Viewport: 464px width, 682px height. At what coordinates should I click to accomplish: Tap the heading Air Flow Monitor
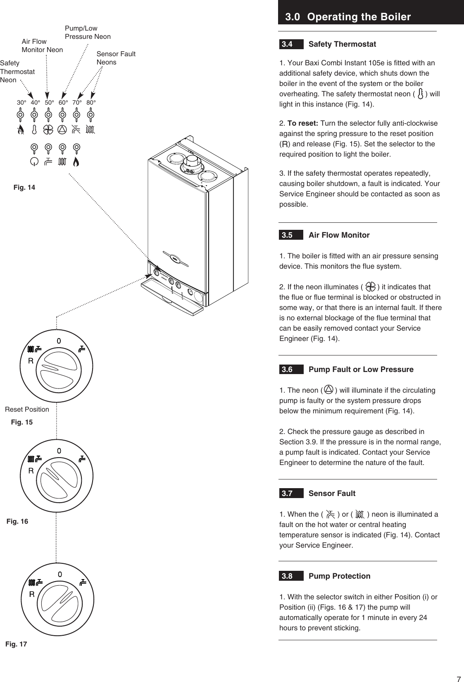(x=339, y=235)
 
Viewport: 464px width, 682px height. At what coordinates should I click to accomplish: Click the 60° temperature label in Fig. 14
(x=63, y=102)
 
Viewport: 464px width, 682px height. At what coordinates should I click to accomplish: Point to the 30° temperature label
(x=21, y=102)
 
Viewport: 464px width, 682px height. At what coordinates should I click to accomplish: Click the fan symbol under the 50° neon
(x=48, y=129)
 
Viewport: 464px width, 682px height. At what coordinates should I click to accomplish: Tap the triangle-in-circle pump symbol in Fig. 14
(x=62, y=129)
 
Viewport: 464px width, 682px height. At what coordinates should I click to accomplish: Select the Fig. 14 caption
(x=24, y=188)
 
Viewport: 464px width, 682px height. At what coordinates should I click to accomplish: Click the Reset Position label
(x=27, y=410)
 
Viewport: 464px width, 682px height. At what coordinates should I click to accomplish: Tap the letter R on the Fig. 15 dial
(x=31, y=361)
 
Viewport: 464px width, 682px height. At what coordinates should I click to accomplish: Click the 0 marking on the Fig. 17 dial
(x=59, y=574)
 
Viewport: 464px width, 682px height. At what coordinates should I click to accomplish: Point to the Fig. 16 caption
(x=17, y=522)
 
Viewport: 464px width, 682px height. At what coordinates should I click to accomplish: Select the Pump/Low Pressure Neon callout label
(x=88, y=33)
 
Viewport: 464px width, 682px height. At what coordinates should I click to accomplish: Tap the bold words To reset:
(x=302, y=124)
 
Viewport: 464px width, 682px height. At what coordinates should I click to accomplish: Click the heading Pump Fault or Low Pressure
(x=361, y=370)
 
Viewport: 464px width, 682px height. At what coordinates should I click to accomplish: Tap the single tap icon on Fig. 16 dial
(x=83, y=459)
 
